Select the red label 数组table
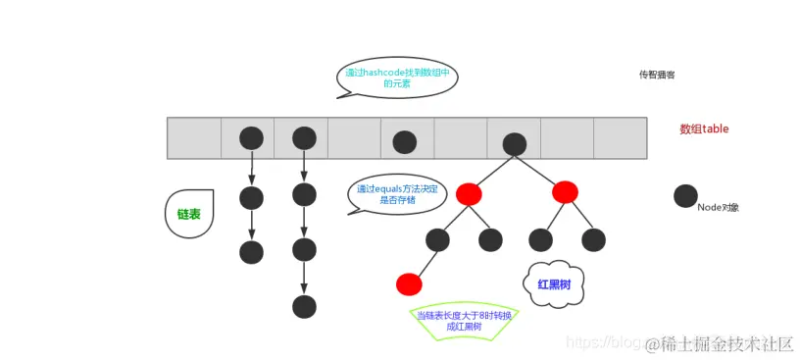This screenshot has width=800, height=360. [x=704, y=129]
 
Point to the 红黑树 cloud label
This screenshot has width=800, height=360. [x=554, y=283]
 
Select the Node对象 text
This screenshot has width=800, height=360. [x=718, y=207]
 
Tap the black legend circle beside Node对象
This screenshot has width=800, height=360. [x=686, y=196]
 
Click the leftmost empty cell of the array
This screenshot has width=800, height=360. [x=194, y=138]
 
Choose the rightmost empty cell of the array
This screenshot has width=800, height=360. [x=620, y=138]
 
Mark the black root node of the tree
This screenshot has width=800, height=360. [x=515, y=143]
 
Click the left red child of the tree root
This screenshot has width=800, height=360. [x=469, y=193]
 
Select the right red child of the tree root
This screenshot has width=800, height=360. [x=565, y=192]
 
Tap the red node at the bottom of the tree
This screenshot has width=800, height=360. [x=409, y=284]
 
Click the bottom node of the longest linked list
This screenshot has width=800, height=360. [x=304, y=306]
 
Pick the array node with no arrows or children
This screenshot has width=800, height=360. [x=405, y=142]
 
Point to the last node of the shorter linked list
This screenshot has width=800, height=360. [x=252, y=252]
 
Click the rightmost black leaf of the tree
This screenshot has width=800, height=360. [x=593, y=239]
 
